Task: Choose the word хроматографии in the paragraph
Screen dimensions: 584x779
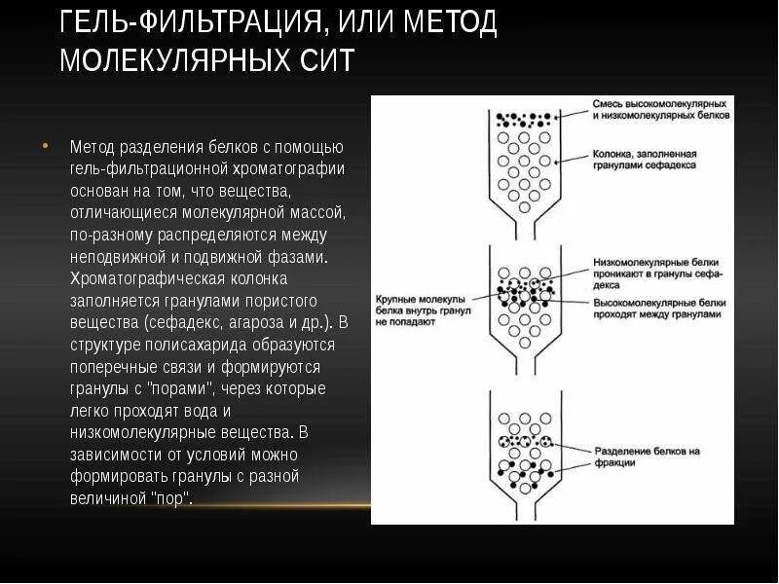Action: [292, 168]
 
